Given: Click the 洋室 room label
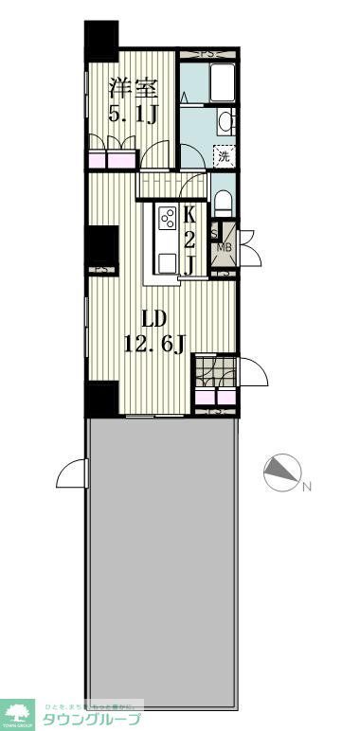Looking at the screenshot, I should point(132,87).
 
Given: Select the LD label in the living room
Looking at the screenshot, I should point(154,317).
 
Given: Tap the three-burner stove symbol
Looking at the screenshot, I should point(167,219).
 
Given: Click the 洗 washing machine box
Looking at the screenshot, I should point(225,157).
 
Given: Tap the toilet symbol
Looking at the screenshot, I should point(222,201).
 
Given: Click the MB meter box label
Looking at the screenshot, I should point(225,248).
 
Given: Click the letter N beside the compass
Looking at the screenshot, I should point(305,488).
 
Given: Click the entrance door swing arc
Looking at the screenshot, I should point(250,371).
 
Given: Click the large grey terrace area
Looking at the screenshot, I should point(161,559).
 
